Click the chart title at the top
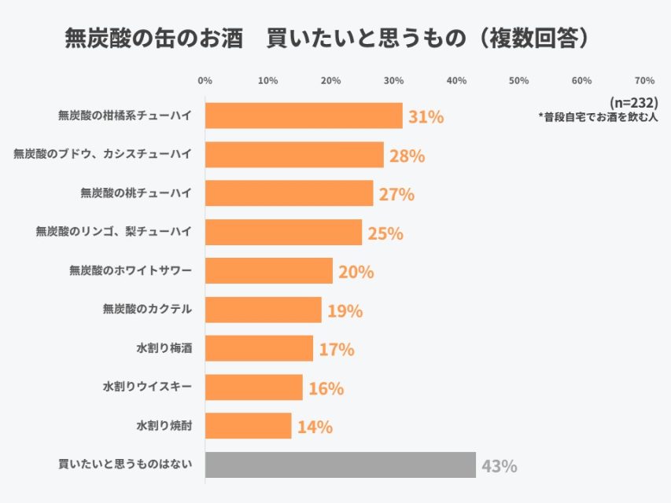click(326, 38)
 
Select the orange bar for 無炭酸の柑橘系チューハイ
click(304, 116)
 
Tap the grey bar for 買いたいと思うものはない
click(340, 464)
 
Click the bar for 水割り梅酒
click(259, 348)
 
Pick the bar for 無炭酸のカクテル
click(264, 310)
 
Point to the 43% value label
click(499, 466)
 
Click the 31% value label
click(426, 118)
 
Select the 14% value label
click(315, 428)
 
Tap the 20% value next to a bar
click(356, 273)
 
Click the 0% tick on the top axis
click(205, 81)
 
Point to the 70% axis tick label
click(644, 81)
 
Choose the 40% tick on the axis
click(456, 81)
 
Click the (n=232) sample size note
click(634, 103)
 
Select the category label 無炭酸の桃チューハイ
click(136, 193)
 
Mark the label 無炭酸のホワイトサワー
click(131, 271)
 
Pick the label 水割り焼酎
click(164, 426)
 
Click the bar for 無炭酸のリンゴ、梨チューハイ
click(283, 233)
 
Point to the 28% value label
click(407, 156)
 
